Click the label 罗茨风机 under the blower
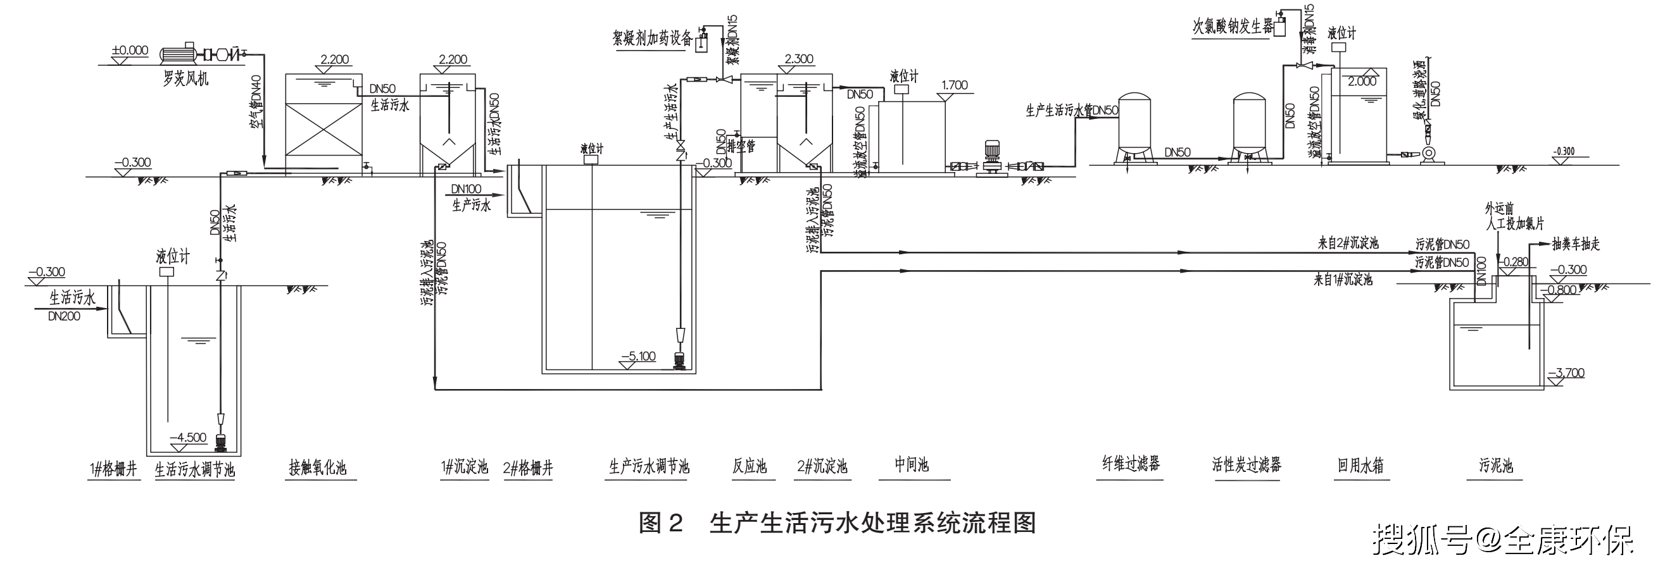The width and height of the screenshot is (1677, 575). coord(185,79)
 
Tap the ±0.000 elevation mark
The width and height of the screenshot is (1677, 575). coord(130,51)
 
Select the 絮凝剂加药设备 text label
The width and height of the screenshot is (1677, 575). coord(652,38)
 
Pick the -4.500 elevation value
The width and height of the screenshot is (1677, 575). coord(187,438)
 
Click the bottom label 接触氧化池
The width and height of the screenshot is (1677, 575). coord(318,467)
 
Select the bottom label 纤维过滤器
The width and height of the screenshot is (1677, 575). coord(1131,464)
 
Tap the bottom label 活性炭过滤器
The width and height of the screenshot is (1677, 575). coord(1247,464)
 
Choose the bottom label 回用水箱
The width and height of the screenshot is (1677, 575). coord(1360,466)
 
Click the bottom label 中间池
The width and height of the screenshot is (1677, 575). coord(912,464)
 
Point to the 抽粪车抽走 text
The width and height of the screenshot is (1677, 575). coord(1576,244)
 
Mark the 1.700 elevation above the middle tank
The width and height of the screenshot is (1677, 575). coord(955,85)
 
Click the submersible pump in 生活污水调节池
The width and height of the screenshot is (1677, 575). coord(220,442)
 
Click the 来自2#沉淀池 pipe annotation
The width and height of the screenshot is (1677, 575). coord(1348,244)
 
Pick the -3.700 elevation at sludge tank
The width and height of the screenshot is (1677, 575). coord(1566,373)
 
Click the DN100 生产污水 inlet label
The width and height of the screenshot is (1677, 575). coord(465,189)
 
